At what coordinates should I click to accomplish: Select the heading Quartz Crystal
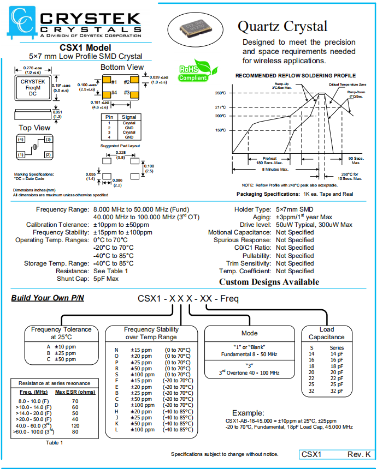282,26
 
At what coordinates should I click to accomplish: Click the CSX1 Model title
85,48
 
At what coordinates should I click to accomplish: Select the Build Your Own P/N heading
48,298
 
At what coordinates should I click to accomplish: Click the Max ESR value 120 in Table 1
75,425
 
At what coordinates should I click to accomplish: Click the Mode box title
249,333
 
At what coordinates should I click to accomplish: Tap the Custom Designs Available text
269,282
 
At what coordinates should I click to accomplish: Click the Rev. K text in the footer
358,454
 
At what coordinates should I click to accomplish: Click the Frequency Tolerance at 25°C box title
61,333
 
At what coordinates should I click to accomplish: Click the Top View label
34,128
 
